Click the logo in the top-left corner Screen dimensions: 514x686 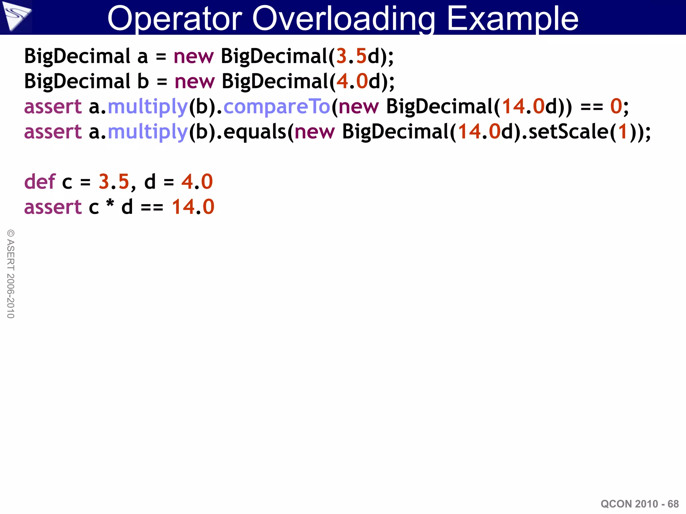coord(16,16)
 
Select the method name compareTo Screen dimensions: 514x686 coord(277,107)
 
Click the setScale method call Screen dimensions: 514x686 coord(568,132)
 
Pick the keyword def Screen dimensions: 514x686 coord(40,182)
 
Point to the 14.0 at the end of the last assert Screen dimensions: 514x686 coord(193,207)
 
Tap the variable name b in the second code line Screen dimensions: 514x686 coord(143,81)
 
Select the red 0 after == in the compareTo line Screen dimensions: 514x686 coord(616,107)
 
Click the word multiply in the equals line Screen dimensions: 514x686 coord(147,132)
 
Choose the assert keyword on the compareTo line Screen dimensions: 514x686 coord(53,107)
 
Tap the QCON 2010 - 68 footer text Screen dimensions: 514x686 coord(639,504)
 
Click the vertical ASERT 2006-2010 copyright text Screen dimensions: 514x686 coord(11,274)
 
